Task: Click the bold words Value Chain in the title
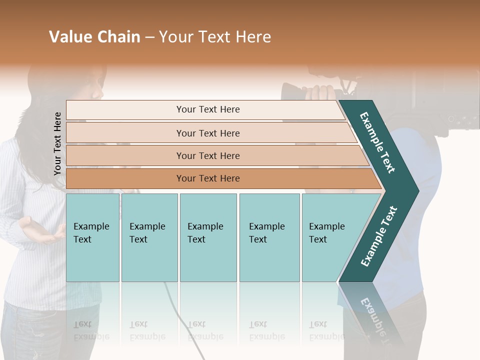coord(94,37)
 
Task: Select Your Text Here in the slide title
coord(215,37)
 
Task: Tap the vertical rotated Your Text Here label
coord(57,143)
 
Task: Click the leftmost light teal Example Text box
coord(92,237)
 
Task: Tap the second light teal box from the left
coord(149,237)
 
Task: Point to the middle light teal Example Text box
coord(208,237)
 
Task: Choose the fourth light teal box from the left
coord(269,237)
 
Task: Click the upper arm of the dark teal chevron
coord(378,142)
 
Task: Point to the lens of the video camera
coord(290,91)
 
